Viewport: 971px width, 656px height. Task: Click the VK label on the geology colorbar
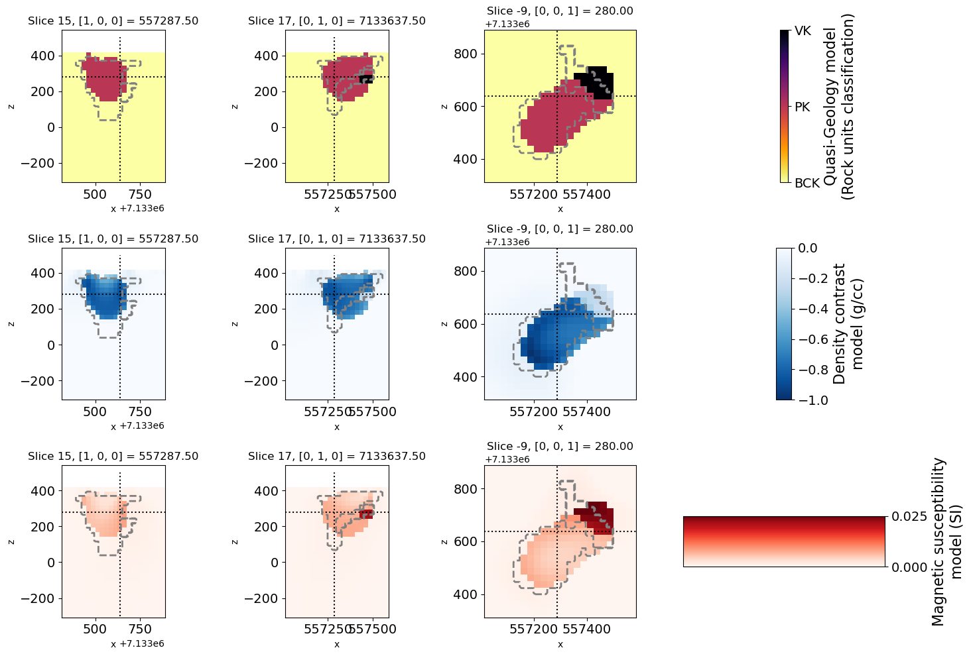(x=803, y=31)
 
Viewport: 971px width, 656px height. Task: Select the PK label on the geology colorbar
(x=803, y=107)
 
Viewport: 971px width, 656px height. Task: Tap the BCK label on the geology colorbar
(x=807, y=183)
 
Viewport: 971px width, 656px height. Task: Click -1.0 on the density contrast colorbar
(x=813, y=400)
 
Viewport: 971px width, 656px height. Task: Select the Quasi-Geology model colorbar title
(x=839, y=106)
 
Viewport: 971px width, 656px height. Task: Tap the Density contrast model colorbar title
(x=848, y=323)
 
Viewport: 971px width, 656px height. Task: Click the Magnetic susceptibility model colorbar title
(x=946, y=541)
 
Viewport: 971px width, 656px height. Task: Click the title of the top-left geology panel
(x=113, y=21)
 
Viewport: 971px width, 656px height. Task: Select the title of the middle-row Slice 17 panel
(x=337, y=239)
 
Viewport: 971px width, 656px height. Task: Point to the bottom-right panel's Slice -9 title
(x=560, y=447)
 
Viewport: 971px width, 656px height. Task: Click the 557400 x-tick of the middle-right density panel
(x=590, y=412)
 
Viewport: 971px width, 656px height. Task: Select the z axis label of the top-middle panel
(x=235, y=106)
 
